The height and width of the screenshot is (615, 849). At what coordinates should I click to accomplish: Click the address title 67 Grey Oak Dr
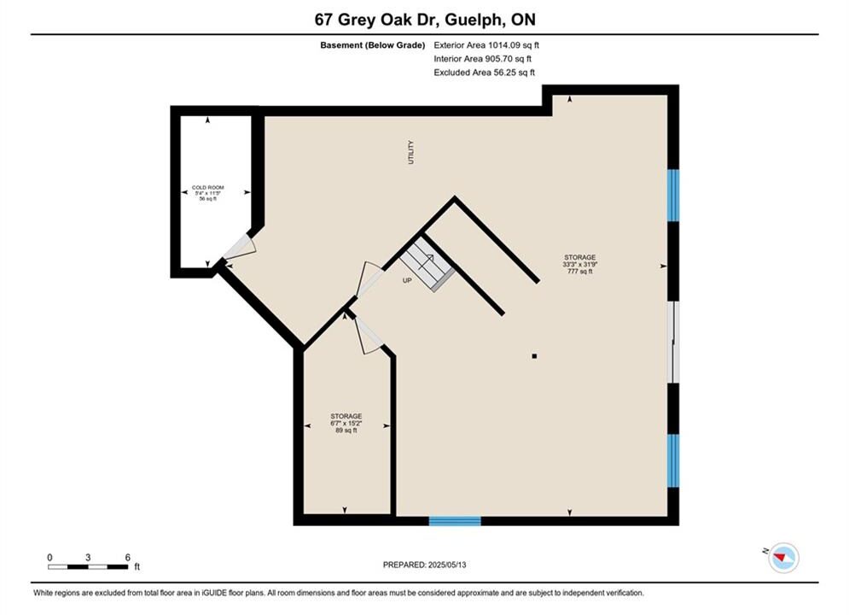click(x=379, y=20)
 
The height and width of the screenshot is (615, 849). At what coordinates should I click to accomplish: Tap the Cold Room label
click(x=208, y=187)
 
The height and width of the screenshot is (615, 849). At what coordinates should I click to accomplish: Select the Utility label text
click(x=411, y=152)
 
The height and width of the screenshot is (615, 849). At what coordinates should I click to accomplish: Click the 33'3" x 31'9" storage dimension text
click(x=580, y=265)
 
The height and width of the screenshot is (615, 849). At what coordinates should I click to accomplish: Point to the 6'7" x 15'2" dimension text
click(x=346, y=423)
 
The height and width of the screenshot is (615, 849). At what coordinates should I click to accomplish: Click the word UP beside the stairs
click(x=407, y=281)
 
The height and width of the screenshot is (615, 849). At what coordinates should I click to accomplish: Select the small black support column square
click(x=534, y=356)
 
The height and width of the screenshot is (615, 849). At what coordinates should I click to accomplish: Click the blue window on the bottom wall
click(x=455, y=521)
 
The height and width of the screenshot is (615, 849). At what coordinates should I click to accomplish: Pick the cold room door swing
click(x=240, y=247)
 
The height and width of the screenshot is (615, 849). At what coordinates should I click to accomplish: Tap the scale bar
click(x=88, y=567)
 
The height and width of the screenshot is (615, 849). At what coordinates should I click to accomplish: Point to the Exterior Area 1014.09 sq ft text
click(x=486, y=45)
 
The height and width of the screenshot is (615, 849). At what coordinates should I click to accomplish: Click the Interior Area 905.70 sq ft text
click(x=482, y=59)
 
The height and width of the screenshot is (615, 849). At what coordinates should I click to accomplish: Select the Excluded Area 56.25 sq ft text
click(x=484, y=73)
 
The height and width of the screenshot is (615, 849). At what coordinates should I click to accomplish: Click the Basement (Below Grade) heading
click(x=373, y=45)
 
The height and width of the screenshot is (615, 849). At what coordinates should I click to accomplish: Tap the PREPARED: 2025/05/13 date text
click(x=425, y=565)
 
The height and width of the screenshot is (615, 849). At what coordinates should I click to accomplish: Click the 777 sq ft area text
click(x=580, y=272)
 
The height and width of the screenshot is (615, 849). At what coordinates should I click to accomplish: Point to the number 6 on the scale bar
click(x=128, y=557)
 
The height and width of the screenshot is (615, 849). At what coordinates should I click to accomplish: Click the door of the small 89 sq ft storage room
click(x=369, y=336)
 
